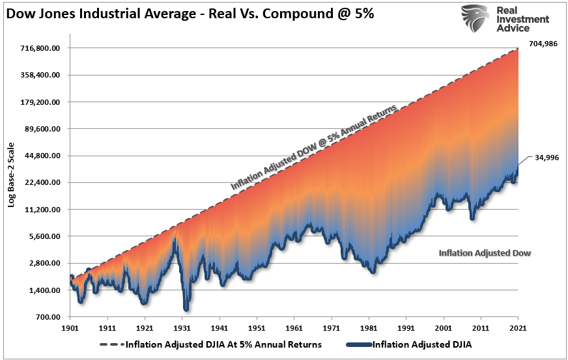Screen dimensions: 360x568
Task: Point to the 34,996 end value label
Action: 547,158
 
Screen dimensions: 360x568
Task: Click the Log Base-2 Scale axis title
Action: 12,179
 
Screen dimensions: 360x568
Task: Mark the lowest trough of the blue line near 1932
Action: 186,309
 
